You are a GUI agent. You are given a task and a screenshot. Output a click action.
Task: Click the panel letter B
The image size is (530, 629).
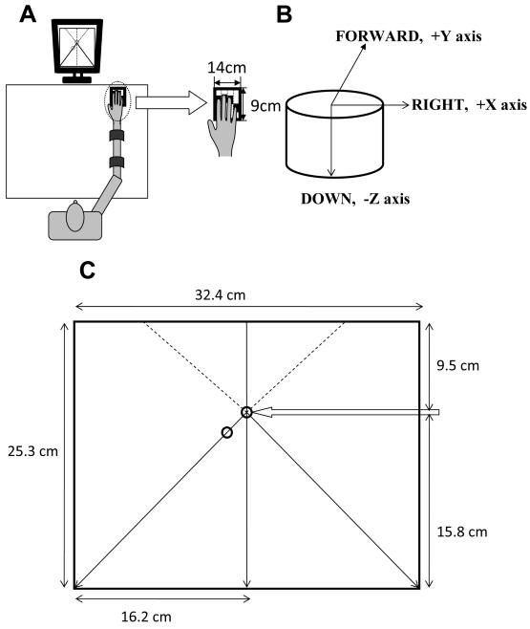(284, 14)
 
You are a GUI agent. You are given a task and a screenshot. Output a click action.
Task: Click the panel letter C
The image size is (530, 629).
(87, 271)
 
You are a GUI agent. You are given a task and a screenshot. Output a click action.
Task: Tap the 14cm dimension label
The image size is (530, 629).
(226, 67)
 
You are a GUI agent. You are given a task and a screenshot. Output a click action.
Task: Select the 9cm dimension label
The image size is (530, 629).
(265, 106)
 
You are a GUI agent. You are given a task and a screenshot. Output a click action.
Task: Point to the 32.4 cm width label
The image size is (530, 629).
(220, 295)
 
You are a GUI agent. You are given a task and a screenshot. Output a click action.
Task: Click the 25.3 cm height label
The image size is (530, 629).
(32, 451)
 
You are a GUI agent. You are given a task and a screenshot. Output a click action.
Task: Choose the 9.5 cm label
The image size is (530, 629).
(457, 365)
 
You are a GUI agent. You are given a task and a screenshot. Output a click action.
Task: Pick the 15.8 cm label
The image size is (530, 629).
(462, 531)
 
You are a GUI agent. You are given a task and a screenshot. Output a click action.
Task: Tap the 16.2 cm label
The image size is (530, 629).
(146, 617)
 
